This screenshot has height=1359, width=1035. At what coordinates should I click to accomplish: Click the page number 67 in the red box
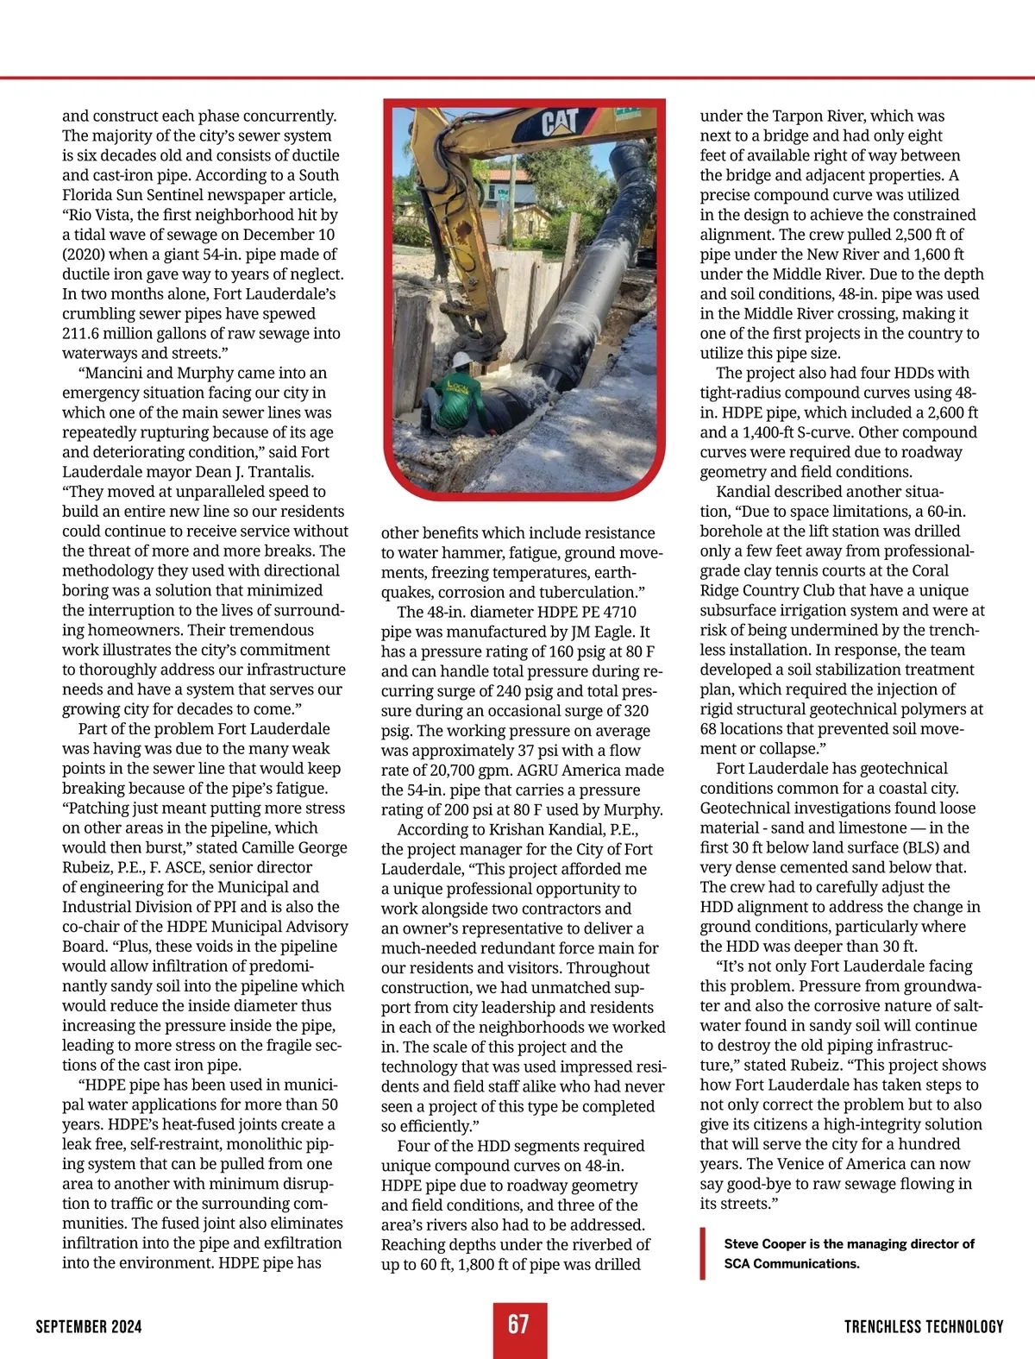pyautogui.click(x=518, y=1324)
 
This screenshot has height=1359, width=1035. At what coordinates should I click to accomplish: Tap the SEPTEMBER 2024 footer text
pyautogui.click(x=89, y=1327)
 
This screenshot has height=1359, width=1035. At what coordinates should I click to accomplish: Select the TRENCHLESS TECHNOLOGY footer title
pyautogui.click(x=924, y=1327)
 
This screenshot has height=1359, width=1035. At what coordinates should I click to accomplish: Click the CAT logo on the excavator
pyautogui.click(x=560, y=123)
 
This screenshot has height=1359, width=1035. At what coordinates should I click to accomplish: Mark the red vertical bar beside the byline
pyautogui.click(x=704, y=1254)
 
